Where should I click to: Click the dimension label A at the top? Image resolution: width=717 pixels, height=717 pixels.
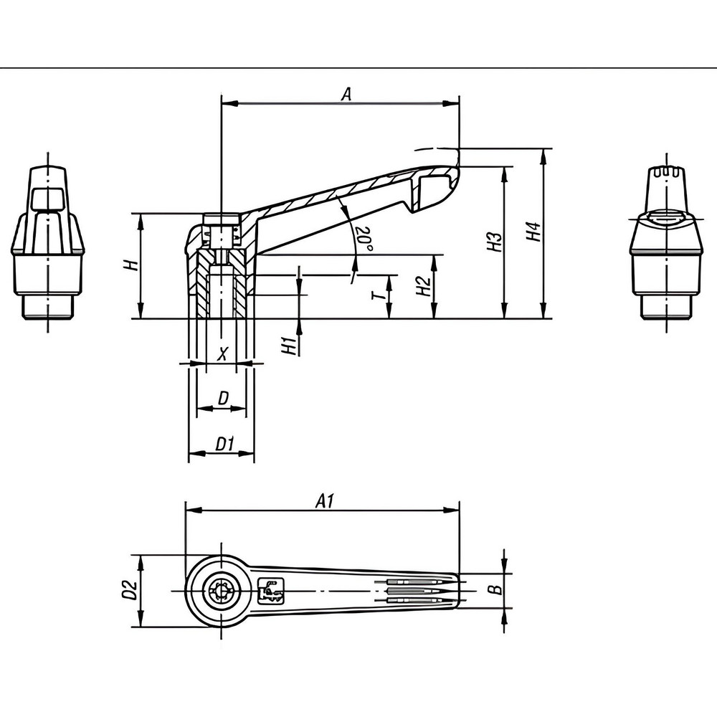346,93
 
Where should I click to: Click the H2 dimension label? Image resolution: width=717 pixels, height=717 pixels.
423,287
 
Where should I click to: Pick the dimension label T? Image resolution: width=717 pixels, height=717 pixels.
379,294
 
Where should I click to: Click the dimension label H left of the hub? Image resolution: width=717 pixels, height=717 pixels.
130,265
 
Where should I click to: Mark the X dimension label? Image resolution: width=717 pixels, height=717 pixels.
222,353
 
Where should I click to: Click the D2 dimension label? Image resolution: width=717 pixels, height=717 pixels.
130,590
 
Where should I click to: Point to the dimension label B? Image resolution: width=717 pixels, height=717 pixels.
493,590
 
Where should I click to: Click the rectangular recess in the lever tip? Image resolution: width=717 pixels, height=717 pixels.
432,189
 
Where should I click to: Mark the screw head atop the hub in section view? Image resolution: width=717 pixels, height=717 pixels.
221,219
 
